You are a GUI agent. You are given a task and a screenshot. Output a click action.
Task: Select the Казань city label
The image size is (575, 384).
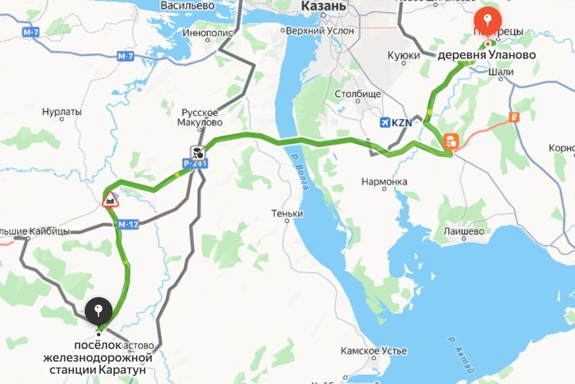(x=324, y=7)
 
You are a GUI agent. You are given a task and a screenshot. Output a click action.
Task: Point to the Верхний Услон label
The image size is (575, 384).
(x=320, y=30)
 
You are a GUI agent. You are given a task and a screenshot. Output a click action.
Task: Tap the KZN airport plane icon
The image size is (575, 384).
(x=385, y=122)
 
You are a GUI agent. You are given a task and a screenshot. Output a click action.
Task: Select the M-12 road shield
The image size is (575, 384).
(x=129, y=224)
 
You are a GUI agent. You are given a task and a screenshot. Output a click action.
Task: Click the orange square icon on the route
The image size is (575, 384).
(x=451, y=141)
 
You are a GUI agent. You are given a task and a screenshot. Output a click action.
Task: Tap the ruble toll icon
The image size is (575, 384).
(x=514, y=118)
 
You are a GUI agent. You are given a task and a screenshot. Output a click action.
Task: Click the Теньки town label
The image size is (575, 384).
(x=287, y=214)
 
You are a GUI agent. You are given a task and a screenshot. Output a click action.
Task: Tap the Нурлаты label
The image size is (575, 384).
(x=62, y=112)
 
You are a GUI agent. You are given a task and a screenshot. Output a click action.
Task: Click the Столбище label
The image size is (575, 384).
(x=358, y=94)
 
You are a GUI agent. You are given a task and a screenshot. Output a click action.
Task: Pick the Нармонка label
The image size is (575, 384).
(x=384, y=182)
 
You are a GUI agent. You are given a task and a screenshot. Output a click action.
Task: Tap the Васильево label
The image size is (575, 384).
(x=187, y=6)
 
